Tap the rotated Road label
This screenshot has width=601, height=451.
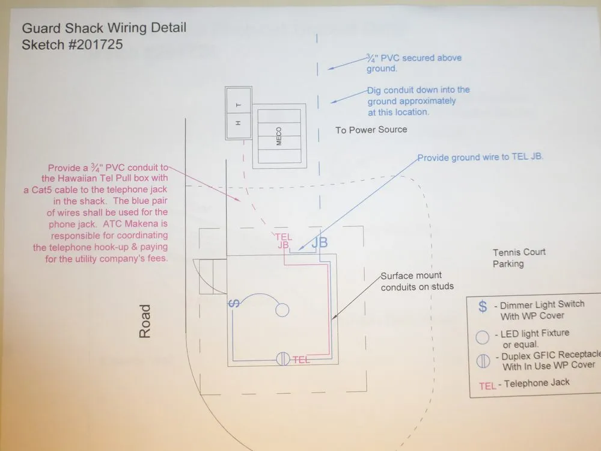coord(145,321)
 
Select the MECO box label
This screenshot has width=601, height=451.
coord(279,136)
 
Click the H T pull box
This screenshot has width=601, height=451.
coord(238,114)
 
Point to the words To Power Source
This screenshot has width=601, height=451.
coord(371,130)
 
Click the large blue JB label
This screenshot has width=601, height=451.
coord(319,242)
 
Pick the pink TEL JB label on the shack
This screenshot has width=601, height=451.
coord(283,241)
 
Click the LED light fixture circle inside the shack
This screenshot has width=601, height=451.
coord(282,310)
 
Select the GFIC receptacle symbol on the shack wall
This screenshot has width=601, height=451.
coord(284,360)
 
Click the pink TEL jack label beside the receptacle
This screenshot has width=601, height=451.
coord(302,360)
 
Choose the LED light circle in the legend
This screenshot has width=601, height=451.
coord(482,337)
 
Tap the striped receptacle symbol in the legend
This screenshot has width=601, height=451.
coord(483,361)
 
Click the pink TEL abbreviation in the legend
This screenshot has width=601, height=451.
coord(487,385)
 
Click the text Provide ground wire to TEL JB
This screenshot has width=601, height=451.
coord(480,158)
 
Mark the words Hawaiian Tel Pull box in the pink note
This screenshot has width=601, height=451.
coord(105,178)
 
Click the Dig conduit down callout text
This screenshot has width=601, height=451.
coord(418,101)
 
